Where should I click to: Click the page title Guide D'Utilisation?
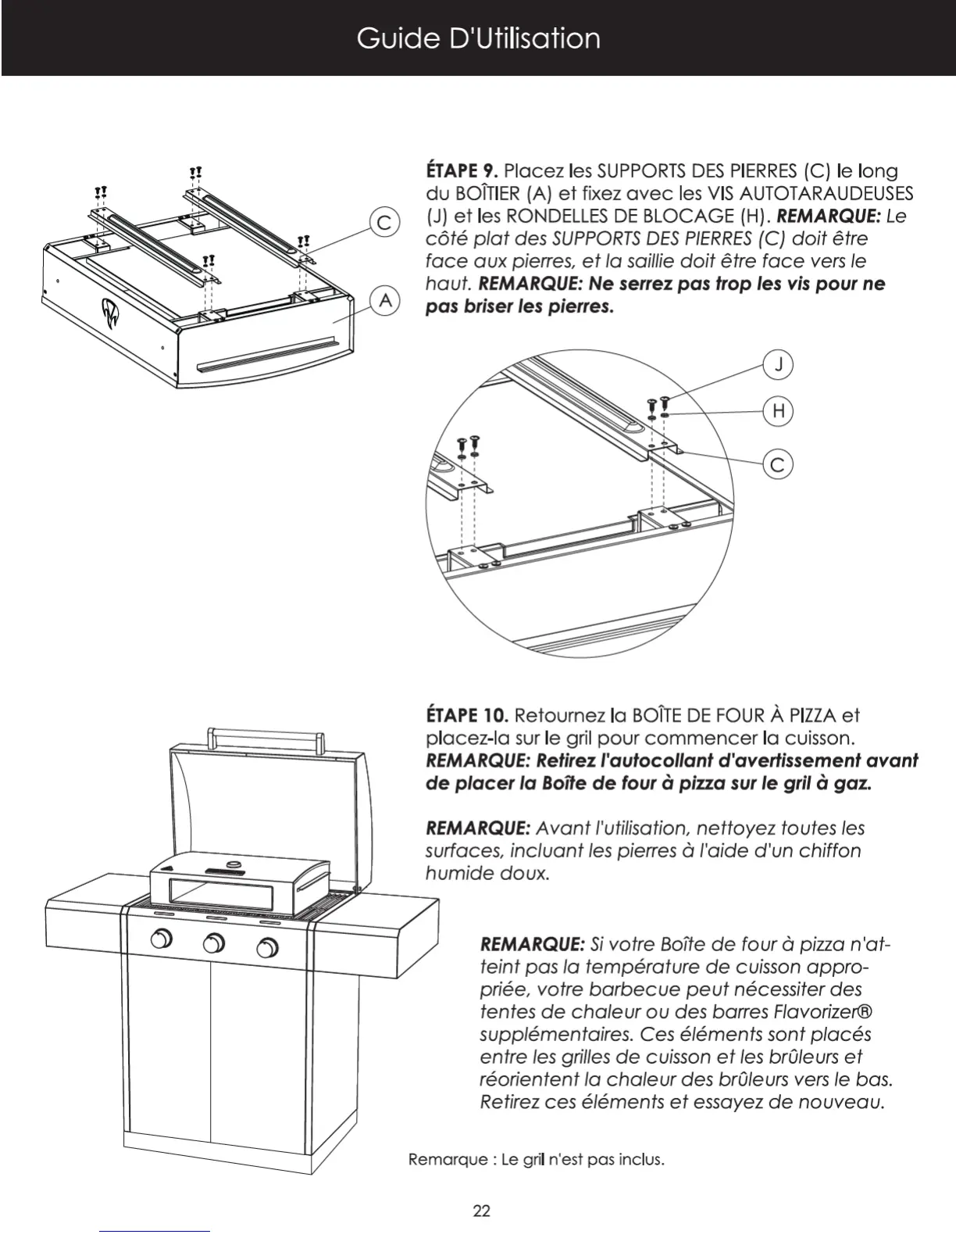(x=478, y=38)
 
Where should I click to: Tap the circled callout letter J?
(x=778, y=364)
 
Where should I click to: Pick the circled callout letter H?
(x=778, y=411)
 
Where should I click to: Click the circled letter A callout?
(x=384, y=300)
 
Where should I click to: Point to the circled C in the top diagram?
(x=384, y=223)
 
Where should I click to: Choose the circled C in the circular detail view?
(x=778, y=465)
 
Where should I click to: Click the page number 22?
(x=482, y=1211)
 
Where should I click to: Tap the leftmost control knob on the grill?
(x=162, y=939)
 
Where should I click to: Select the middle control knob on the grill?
(x=214, y=943)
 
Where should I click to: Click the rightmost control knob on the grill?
(x=267, y=949)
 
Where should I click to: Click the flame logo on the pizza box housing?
(x=107, y=313)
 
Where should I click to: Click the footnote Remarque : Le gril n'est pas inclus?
(x=536, y=1159)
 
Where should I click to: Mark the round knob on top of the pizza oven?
(x=233, y=864)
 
